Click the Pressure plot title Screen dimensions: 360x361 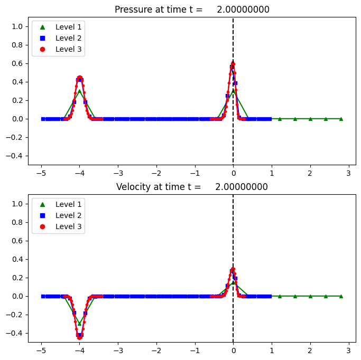click(192, 10)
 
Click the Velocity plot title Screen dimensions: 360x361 click(192, 187)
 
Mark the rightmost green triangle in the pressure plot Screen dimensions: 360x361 click(341, 119)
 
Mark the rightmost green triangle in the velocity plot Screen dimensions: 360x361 click(341, 296)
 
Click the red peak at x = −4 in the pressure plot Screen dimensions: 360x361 click(80, 78)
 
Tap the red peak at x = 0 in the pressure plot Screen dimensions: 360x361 click(233, 63)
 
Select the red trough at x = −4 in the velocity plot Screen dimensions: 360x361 click(80, 337)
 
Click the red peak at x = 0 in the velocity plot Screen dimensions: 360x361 click(233, 269)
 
